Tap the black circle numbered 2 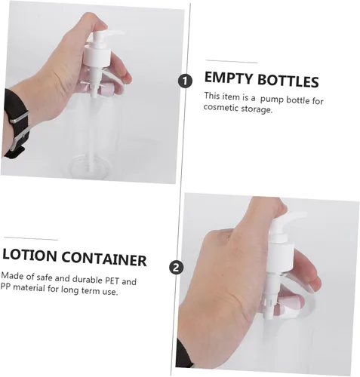pyautogui.click(x=177, y=267)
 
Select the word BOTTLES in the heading pyautogui.click(x=288, y=81)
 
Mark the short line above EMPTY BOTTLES pyautogui.click(x=231, y=62)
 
